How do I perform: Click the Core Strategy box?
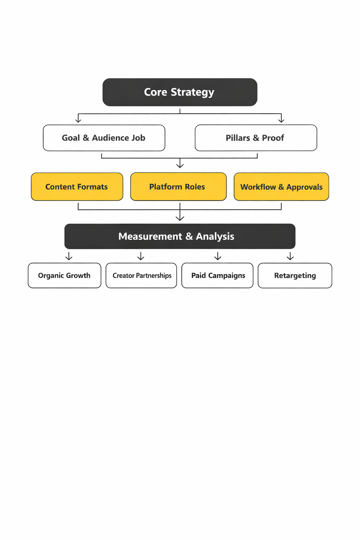coord(180,92)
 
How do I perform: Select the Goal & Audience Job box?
coord(104,138)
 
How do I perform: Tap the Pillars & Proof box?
coord(256,138)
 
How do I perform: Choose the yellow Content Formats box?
coord(77,187)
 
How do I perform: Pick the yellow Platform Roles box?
coord(178,187)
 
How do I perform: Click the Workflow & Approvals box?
coord(281,187)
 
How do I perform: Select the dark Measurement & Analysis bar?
coord(180,236)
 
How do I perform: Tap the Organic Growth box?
coord(64,276)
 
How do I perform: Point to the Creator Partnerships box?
coord(141,276)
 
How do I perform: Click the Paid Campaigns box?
coord(217,276)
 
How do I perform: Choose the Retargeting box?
coord(295,276)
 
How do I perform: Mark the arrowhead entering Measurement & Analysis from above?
coord(180,218)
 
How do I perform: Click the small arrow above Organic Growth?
coord(69,257)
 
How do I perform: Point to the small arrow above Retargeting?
coord(290,257)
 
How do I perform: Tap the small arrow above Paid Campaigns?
coord(218,257)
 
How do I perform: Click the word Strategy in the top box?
coord(192,92)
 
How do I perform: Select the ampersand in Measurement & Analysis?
coord(189,237)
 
